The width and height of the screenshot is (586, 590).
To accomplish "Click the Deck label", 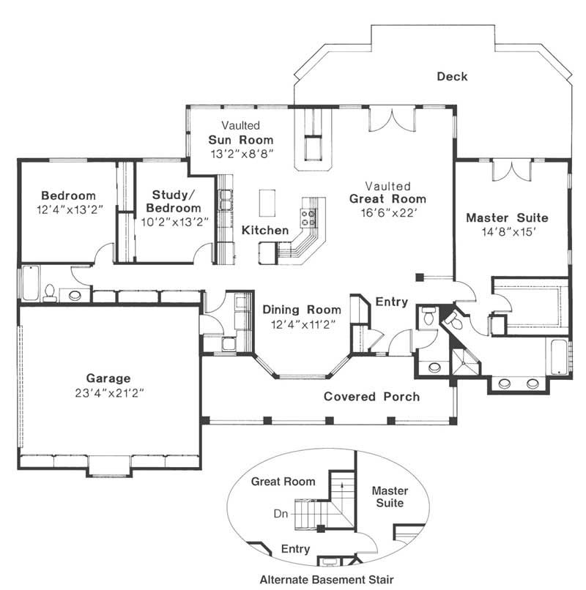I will pos(452,76).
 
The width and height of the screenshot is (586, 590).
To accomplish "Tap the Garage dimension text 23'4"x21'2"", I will pos(108,392).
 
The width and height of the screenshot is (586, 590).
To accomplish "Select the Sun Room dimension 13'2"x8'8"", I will pos(240,154).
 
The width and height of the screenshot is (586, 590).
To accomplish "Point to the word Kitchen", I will pos(265,231).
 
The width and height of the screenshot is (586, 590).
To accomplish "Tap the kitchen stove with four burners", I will pos(308,216).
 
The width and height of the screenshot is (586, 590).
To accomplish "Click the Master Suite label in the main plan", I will pos(507,217).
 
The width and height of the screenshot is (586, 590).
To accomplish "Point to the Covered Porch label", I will pos(372,397).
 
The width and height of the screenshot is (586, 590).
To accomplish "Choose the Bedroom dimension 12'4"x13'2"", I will pos(68,209).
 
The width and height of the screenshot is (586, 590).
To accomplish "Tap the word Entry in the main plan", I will pos(391,302).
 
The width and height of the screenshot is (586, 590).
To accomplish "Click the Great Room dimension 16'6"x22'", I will pos(387,212).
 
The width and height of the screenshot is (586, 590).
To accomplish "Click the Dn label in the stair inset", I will pos(281,514).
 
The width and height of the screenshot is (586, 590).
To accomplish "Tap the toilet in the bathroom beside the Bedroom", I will pos(50,293).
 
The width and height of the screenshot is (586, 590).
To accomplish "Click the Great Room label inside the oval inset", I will pos(283,482).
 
